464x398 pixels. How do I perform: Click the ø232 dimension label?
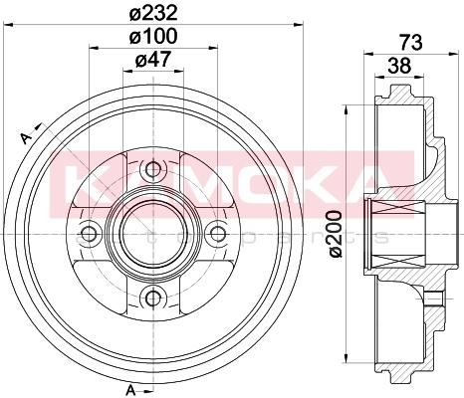[153, 14]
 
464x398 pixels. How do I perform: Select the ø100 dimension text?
[153, 36]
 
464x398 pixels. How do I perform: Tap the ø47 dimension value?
[153, 60]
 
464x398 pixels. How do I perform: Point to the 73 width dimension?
[411, 42]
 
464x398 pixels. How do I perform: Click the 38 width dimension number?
[399, 66]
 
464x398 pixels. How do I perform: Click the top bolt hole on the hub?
[153, 170]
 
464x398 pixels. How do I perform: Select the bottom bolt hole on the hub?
[153, 298]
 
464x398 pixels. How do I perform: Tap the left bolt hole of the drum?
[90, 234]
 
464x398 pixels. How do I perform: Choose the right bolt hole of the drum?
[217, 234]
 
